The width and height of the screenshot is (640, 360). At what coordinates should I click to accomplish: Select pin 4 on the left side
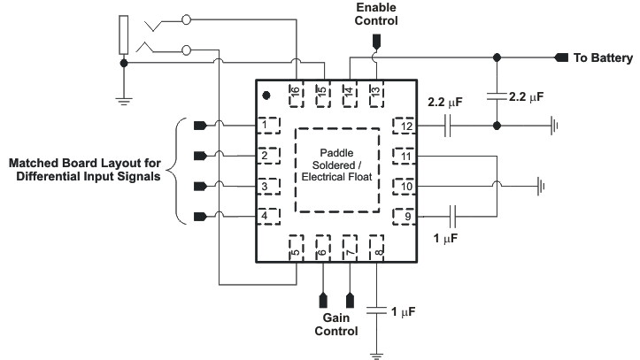tap(268, 216)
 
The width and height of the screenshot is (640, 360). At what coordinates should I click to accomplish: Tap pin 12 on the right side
tap(404, 126)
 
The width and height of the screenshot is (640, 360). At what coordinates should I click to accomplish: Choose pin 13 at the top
tap(376, 92)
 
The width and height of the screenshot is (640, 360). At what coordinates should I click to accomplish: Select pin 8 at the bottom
tap(378, 249)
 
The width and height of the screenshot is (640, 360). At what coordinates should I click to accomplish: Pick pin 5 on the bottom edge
tap(297, 249)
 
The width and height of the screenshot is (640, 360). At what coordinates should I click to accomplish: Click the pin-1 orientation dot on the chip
tap(267, 94)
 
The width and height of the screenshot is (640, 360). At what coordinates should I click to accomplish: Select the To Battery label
tap(603, 58)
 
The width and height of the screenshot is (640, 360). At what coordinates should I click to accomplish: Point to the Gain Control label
tap(335, 325)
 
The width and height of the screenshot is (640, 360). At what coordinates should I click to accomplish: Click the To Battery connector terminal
tap(560, 58)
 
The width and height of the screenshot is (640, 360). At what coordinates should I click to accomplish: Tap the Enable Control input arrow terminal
tap(376, 41)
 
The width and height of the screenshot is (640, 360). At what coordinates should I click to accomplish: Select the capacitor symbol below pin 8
tap(378, 310)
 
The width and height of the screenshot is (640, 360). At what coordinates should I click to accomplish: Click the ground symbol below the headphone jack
tap(124, 98)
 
